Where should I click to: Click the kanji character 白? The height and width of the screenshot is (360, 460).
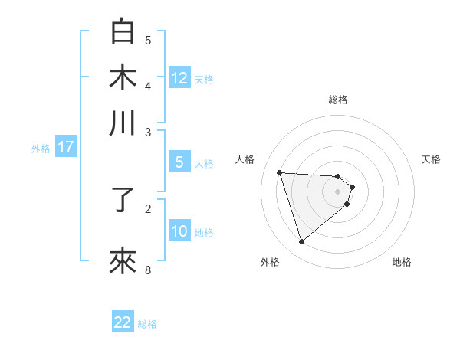[123, 33]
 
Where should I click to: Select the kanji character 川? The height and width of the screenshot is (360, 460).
[123, 123]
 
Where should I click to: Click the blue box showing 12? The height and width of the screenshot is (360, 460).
[179, 77]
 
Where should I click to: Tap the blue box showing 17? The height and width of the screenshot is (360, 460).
[65, 147]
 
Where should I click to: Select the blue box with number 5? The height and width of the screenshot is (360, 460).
[179, 162]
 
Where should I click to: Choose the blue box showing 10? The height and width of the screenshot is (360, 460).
[179, 231]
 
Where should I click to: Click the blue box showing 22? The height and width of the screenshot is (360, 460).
[123, 322]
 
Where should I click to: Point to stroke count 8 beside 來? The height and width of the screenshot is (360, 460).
[148, 270]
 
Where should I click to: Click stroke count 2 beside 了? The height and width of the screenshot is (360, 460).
[148, 208]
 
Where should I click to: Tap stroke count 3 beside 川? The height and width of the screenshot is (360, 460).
[148, 132]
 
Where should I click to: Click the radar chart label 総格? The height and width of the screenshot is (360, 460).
[338, 100]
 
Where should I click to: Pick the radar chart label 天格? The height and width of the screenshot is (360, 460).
[432, 159]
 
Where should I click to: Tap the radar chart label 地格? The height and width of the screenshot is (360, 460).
[402, 262]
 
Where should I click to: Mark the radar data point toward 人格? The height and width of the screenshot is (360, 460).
[280, 172]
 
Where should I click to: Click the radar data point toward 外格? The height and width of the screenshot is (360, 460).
[301, 242]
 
